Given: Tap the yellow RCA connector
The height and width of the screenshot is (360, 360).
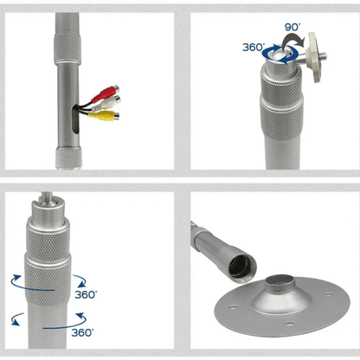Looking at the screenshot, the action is point(104,115).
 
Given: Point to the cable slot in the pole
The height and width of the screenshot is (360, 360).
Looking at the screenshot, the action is point(75,119).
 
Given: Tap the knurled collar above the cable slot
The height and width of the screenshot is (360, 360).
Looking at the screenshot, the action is point(67,48).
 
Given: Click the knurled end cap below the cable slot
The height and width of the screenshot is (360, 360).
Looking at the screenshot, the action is point(68,157).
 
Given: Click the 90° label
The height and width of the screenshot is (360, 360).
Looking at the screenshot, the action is point(292,27).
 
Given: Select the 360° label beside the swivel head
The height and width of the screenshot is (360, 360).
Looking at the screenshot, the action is point(254,47).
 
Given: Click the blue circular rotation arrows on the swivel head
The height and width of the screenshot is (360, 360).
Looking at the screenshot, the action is point(280,54).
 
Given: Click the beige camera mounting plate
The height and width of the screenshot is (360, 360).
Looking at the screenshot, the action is point(314,57).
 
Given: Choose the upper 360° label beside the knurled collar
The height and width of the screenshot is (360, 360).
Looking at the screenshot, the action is point(86,294).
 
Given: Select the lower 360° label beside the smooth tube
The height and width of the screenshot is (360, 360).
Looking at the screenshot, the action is point(82,332).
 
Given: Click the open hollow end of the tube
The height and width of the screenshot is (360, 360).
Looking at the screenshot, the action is point(242,267).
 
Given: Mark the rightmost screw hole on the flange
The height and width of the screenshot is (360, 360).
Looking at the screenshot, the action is point(329,295).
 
